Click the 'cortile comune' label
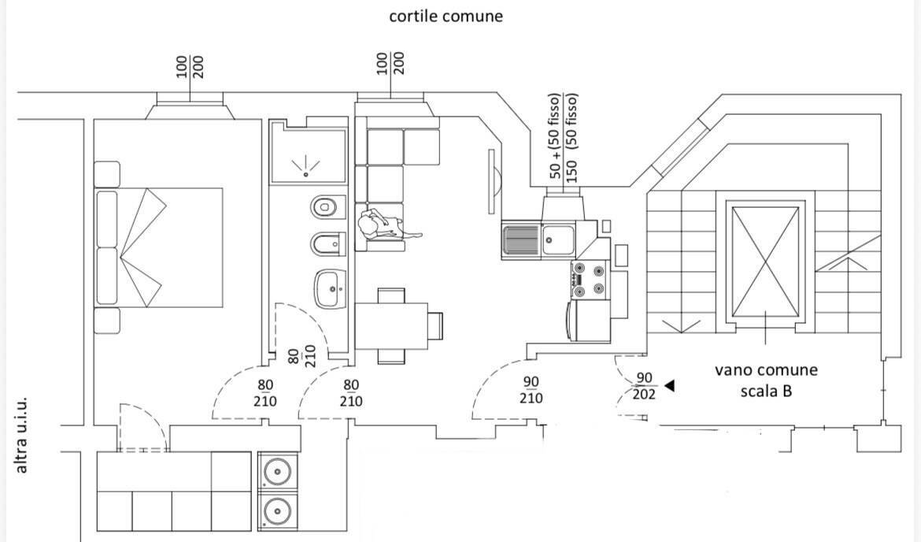click(x=446, y=16)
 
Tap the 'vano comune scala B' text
click(x=766, y=381)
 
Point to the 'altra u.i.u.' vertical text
click(x=21, y=436)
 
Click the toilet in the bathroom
click(x=328, y=207)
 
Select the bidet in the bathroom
click(x=328, y=244)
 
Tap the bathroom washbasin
click(x=330, y=288)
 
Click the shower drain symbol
click(x=305, y=165)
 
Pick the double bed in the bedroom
click(x=159, y=247)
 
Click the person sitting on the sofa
click(x=387, y=226)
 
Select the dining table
click(x=391, y=325)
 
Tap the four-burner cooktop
click(x=590, y=280)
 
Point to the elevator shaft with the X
click(x=765, y=262)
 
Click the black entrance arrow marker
click(x=669, y=386)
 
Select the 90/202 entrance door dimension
click(x=644, y=386)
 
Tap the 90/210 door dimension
click(x=531, y=390)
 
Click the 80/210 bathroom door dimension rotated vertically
click(x=302, y=355)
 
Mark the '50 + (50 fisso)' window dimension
click(x=554, y=135)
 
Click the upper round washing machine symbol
click(x=277, y=471)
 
